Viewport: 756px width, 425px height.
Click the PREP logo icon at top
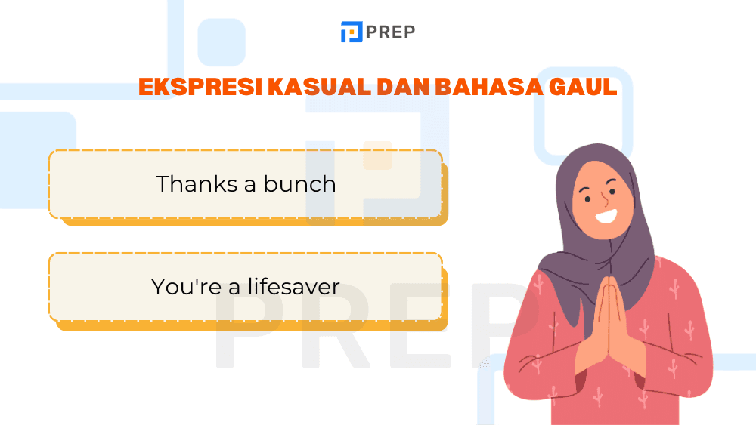click(x=351, y=32)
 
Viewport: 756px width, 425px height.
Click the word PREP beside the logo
click(x=390, y=32)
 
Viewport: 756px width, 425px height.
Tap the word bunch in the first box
click(x=299, y=183)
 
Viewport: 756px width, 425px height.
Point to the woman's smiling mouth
click(x=606, y=217)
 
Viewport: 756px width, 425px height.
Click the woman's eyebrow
click(x=584, y=186)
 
